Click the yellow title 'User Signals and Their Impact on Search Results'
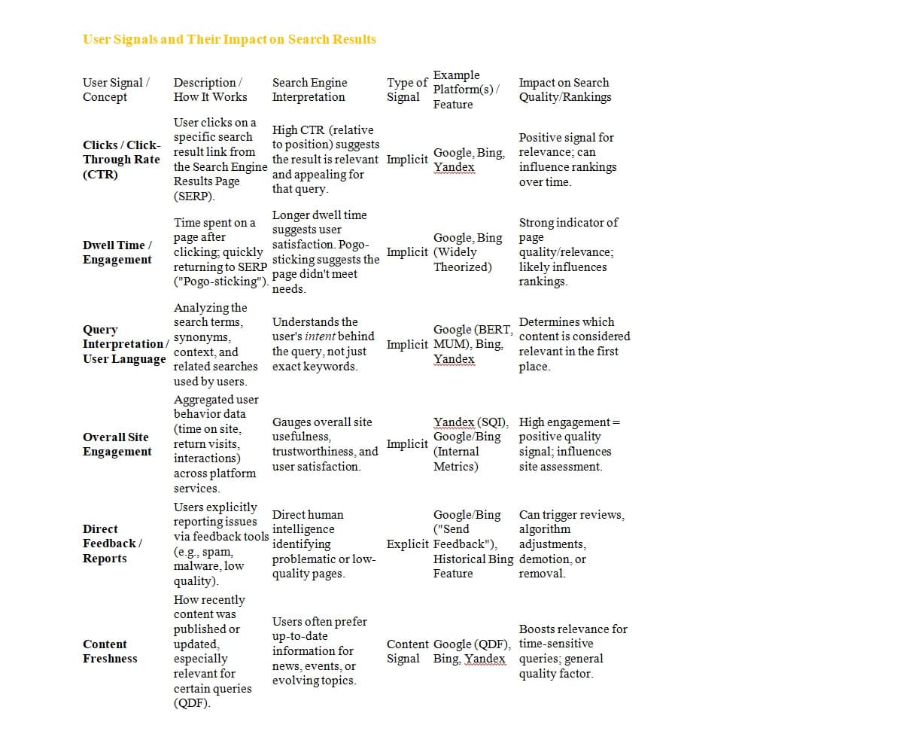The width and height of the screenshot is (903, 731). click(229, 39)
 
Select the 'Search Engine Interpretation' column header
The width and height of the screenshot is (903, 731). click(309, 90)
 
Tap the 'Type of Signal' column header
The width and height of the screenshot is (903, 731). click(407, 90)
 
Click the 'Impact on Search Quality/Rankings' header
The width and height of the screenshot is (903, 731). click(564, 90)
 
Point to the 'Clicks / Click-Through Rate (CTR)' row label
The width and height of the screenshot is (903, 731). click(121, 160)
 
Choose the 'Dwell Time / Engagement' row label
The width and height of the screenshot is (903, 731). click(117, 252)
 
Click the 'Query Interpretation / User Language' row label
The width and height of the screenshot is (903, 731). click(125, 344)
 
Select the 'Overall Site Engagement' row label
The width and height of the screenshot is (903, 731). click(117, 444)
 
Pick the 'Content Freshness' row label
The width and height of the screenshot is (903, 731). click(110, 651)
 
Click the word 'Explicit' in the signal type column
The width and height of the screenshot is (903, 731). click(407, 544)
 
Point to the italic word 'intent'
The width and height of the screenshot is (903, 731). click(321, 337)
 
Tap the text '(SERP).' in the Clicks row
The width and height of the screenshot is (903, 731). click(194, 196)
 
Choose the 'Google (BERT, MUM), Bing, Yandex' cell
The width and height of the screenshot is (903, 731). click(473, 344)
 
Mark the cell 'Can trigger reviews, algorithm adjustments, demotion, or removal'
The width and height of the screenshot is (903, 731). click(571, 544)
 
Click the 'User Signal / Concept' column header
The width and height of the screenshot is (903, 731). click(116, 90)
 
